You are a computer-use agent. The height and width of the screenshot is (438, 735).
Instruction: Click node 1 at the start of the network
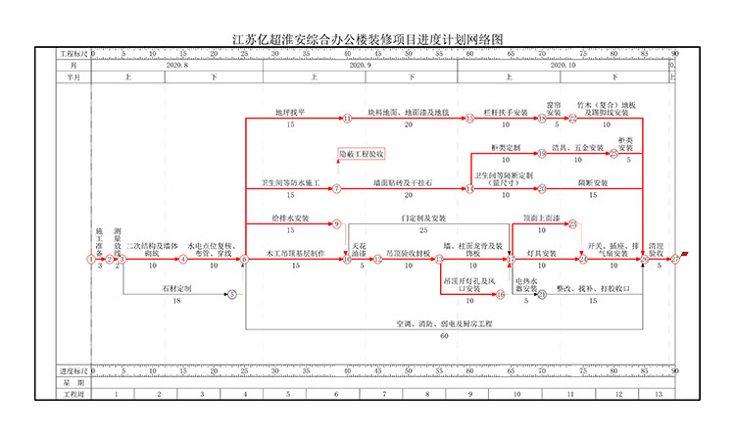(91, 260)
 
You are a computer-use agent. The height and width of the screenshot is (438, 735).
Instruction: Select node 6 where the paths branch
(244, 260)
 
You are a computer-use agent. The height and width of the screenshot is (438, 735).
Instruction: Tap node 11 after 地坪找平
(347, 119)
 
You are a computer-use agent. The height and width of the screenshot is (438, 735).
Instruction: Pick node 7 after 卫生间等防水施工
(336, 188)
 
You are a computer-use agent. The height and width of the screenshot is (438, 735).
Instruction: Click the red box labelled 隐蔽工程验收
(362, 154)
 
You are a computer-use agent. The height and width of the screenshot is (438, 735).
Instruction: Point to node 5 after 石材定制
(232, 294)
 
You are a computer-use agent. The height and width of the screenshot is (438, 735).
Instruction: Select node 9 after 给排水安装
(336, 223)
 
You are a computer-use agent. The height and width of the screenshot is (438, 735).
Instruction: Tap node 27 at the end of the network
(676, 260)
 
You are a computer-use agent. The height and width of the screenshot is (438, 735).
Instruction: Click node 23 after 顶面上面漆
(572, 223)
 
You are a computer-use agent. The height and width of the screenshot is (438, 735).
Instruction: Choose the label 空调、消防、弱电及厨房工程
(443, 323)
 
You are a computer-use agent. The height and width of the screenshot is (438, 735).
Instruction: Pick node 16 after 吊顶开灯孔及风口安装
(499, 294)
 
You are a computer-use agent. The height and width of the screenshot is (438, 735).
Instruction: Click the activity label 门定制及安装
(423, 218)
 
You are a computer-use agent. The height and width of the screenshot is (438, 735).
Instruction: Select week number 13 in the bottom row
(658, 393)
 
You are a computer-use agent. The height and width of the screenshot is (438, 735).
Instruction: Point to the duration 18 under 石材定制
(176, 301)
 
